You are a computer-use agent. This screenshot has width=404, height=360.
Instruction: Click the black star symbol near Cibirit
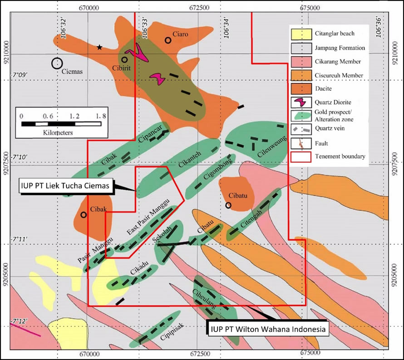[x=99, y=47]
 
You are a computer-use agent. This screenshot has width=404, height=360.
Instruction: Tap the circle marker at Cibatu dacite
[x=228, y=205]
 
